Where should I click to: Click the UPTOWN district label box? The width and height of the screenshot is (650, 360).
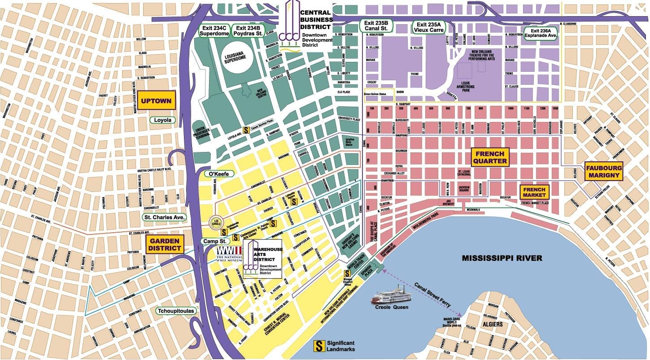[x=156, y=101]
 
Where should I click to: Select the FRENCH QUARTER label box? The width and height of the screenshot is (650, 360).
[x=490, y=157]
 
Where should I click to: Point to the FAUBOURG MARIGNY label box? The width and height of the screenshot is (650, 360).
[x=604, y=171]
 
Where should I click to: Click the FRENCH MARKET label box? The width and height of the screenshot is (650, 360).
[x=534, y=192]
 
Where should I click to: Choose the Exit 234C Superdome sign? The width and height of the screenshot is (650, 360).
[x=214, y=30]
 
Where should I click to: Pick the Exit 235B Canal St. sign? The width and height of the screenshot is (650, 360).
[x=377, y=26]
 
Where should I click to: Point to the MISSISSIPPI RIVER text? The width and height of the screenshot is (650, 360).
[x=502, y=258]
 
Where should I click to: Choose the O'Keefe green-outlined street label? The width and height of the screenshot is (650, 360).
[x=214, y=173]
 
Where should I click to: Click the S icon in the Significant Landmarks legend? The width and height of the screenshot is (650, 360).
[x=319, y=346]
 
